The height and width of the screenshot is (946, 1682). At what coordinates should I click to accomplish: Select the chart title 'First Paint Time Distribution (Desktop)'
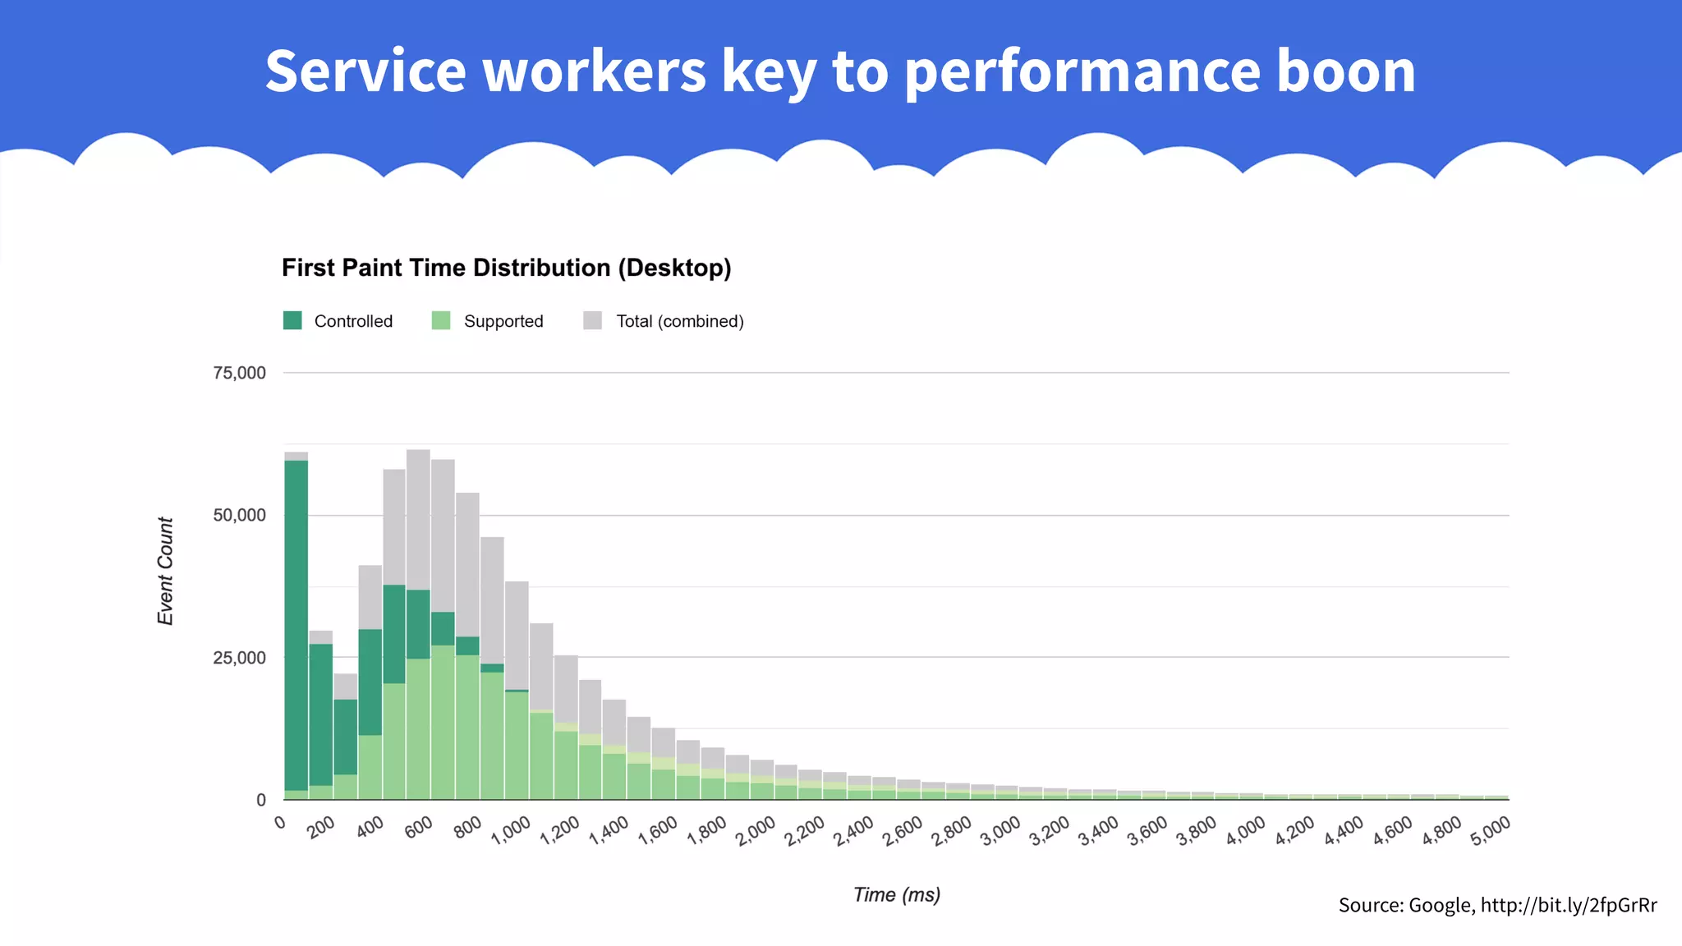point(506,269)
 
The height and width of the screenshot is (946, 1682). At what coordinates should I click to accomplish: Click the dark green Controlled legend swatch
point(292,320)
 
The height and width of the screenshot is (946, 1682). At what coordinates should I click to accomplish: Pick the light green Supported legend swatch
point(441,320)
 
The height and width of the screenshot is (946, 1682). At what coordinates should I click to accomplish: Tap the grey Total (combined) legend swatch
point(592,320)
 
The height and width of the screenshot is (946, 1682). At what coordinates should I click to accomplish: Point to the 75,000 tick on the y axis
point(239,374)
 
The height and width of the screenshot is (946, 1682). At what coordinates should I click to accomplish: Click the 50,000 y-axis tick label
point(239,516)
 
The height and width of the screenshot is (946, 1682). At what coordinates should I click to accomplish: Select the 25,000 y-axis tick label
point(239,658)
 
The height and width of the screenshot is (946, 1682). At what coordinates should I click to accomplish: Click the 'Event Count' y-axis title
point(166,571)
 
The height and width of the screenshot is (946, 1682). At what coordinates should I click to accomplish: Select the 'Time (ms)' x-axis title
point(897,895)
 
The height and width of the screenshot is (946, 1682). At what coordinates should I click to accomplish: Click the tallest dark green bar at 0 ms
point(296,624)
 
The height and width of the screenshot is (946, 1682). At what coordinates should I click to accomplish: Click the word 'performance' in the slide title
point(1082,71)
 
